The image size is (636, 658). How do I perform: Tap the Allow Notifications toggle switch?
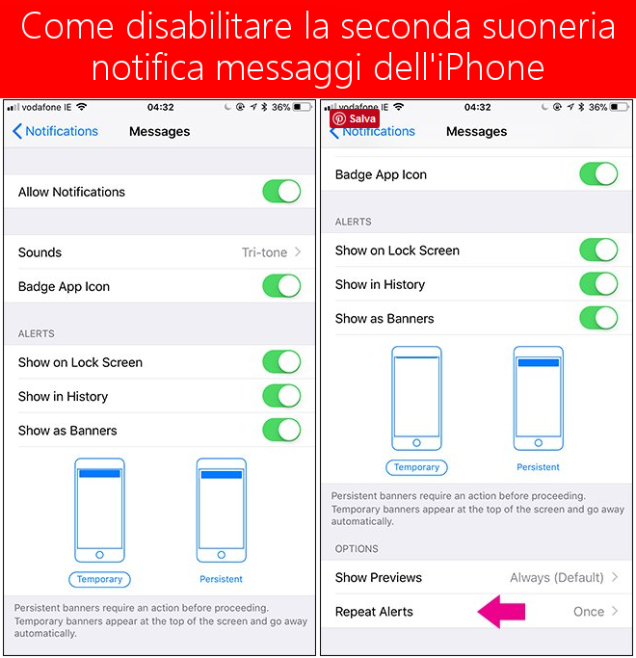pyautogui.click(x=281, y=192)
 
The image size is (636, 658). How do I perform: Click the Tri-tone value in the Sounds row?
pyautogui.click(x=264, y=252)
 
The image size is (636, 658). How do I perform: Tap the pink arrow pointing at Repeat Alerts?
pyautogui.click(x=501, y=612)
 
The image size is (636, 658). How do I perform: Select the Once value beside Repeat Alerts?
pyautogui.click(x=589, y=612)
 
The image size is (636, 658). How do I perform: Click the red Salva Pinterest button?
pyautogui.click(x=355, y=118)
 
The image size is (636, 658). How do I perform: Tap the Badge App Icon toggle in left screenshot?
pyautogui.click(x=281, y=286)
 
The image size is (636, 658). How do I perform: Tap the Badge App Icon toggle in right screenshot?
pyautogui.click(x=598, y=173)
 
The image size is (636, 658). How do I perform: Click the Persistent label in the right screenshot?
pyautogui.click(x=538, y=467)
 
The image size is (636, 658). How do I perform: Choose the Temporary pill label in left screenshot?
pyautogui.click(x=99, y=579)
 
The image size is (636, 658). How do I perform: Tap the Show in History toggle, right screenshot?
pyautogui.click(x=598, y=283)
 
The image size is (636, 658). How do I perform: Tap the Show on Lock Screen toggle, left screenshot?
pyautogui.click(x=281, y=361)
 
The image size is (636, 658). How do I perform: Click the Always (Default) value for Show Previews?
pyautogui.click(x=557, y=577)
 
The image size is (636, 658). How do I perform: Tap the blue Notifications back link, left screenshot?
pyautogui.click(x=56, y=131)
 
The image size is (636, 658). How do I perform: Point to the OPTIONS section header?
pyautogui.click(x=357, y=548)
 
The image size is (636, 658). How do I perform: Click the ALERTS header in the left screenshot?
pyautogui.click(x=36, y=333)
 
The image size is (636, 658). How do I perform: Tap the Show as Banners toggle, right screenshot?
pyautogui.click(x=598, y=318)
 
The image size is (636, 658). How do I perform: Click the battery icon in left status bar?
pyautogui.click(x=303, y=107)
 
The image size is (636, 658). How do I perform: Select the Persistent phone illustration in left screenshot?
pyautogui.click(x=222, y=511)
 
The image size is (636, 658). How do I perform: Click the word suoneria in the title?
pyautogui.click(x=548, y=26)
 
